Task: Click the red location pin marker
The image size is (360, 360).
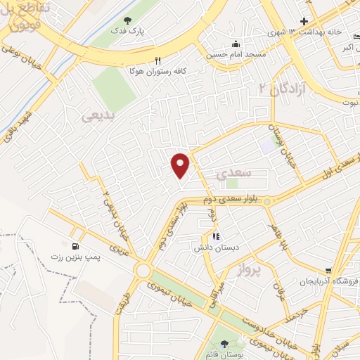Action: (x=181, y=165)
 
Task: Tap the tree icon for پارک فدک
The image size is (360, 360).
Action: (x=127, y=21)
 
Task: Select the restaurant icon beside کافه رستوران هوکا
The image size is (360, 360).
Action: (x=158, y=60)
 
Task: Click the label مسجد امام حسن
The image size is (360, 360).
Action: (x=235, y=53)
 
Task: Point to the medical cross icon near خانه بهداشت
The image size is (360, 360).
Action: (x=304, y=22)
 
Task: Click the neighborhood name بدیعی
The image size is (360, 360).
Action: (x=97, y=117)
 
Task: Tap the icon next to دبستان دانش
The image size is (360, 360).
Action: (x=216, y=238)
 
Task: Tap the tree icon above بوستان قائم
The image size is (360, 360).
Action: (x=224, y=343)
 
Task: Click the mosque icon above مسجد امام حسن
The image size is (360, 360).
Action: (x=236, y=42)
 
